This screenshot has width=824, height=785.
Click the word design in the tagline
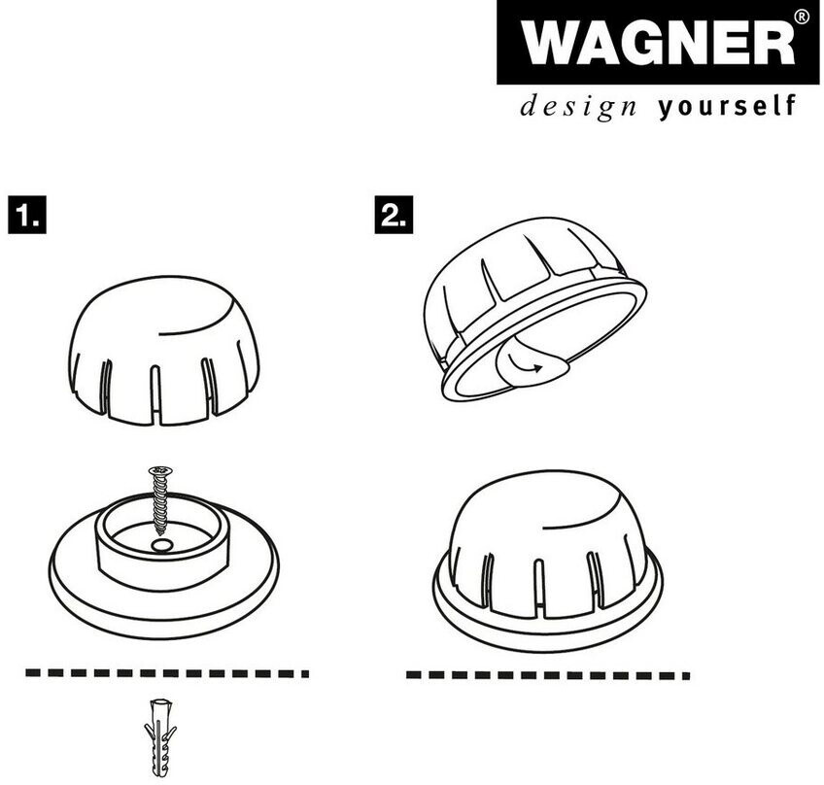tap(577, 106)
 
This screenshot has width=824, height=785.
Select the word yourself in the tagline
tap(726, 106)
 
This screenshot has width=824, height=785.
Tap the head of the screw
tap(158, 471)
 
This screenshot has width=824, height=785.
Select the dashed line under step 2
tap(547, 673)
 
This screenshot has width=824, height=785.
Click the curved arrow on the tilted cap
tap(524, 366)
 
